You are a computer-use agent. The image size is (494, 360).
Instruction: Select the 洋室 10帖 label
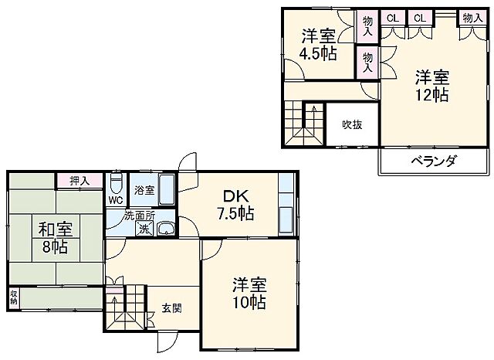249,293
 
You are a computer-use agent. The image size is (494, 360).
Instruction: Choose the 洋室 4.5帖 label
319,44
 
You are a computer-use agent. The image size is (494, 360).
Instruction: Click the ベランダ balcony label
432,161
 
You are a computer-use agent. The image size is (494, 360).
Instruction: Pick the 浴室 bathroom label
144,189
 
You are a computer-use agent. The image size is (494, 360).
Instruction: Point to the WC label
116,200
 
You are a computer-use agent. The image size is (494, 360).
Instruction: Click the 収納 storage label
14,297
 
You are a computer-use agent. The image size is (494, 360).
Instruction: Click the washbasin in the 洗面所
165,229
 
